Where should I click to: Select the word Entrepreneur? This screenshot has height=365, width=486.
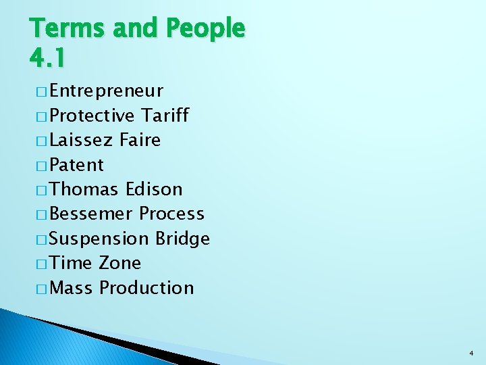click(106, 91)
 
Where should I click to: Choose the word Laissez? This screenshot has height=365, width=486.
click(81, 140)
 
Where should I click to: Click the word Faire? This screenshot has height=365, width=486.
click(140, 140)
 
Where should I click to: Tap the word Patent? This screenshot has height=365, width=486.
click(76, 165)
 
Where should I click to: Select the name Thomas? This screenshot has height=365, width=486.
click(84, 189)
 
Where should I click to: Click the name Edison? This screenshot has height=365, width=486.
click(154, 189)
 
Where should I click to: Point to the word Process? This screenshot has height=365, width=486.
click(171, 214)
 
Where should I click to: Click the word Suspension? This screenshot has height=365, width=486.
click(99, 239)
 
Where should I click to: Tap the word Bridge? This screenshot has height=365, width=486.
click(182, 239)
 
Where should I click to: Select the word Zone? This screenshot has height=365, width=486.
click(119, 263)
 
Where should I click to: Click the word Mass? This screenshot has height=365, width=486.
click(72, 288)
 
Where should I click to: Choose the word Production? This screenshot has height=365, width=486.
click(146, 288)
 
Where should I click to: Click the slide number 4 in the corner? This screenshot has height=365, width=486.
click(470, 352)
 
